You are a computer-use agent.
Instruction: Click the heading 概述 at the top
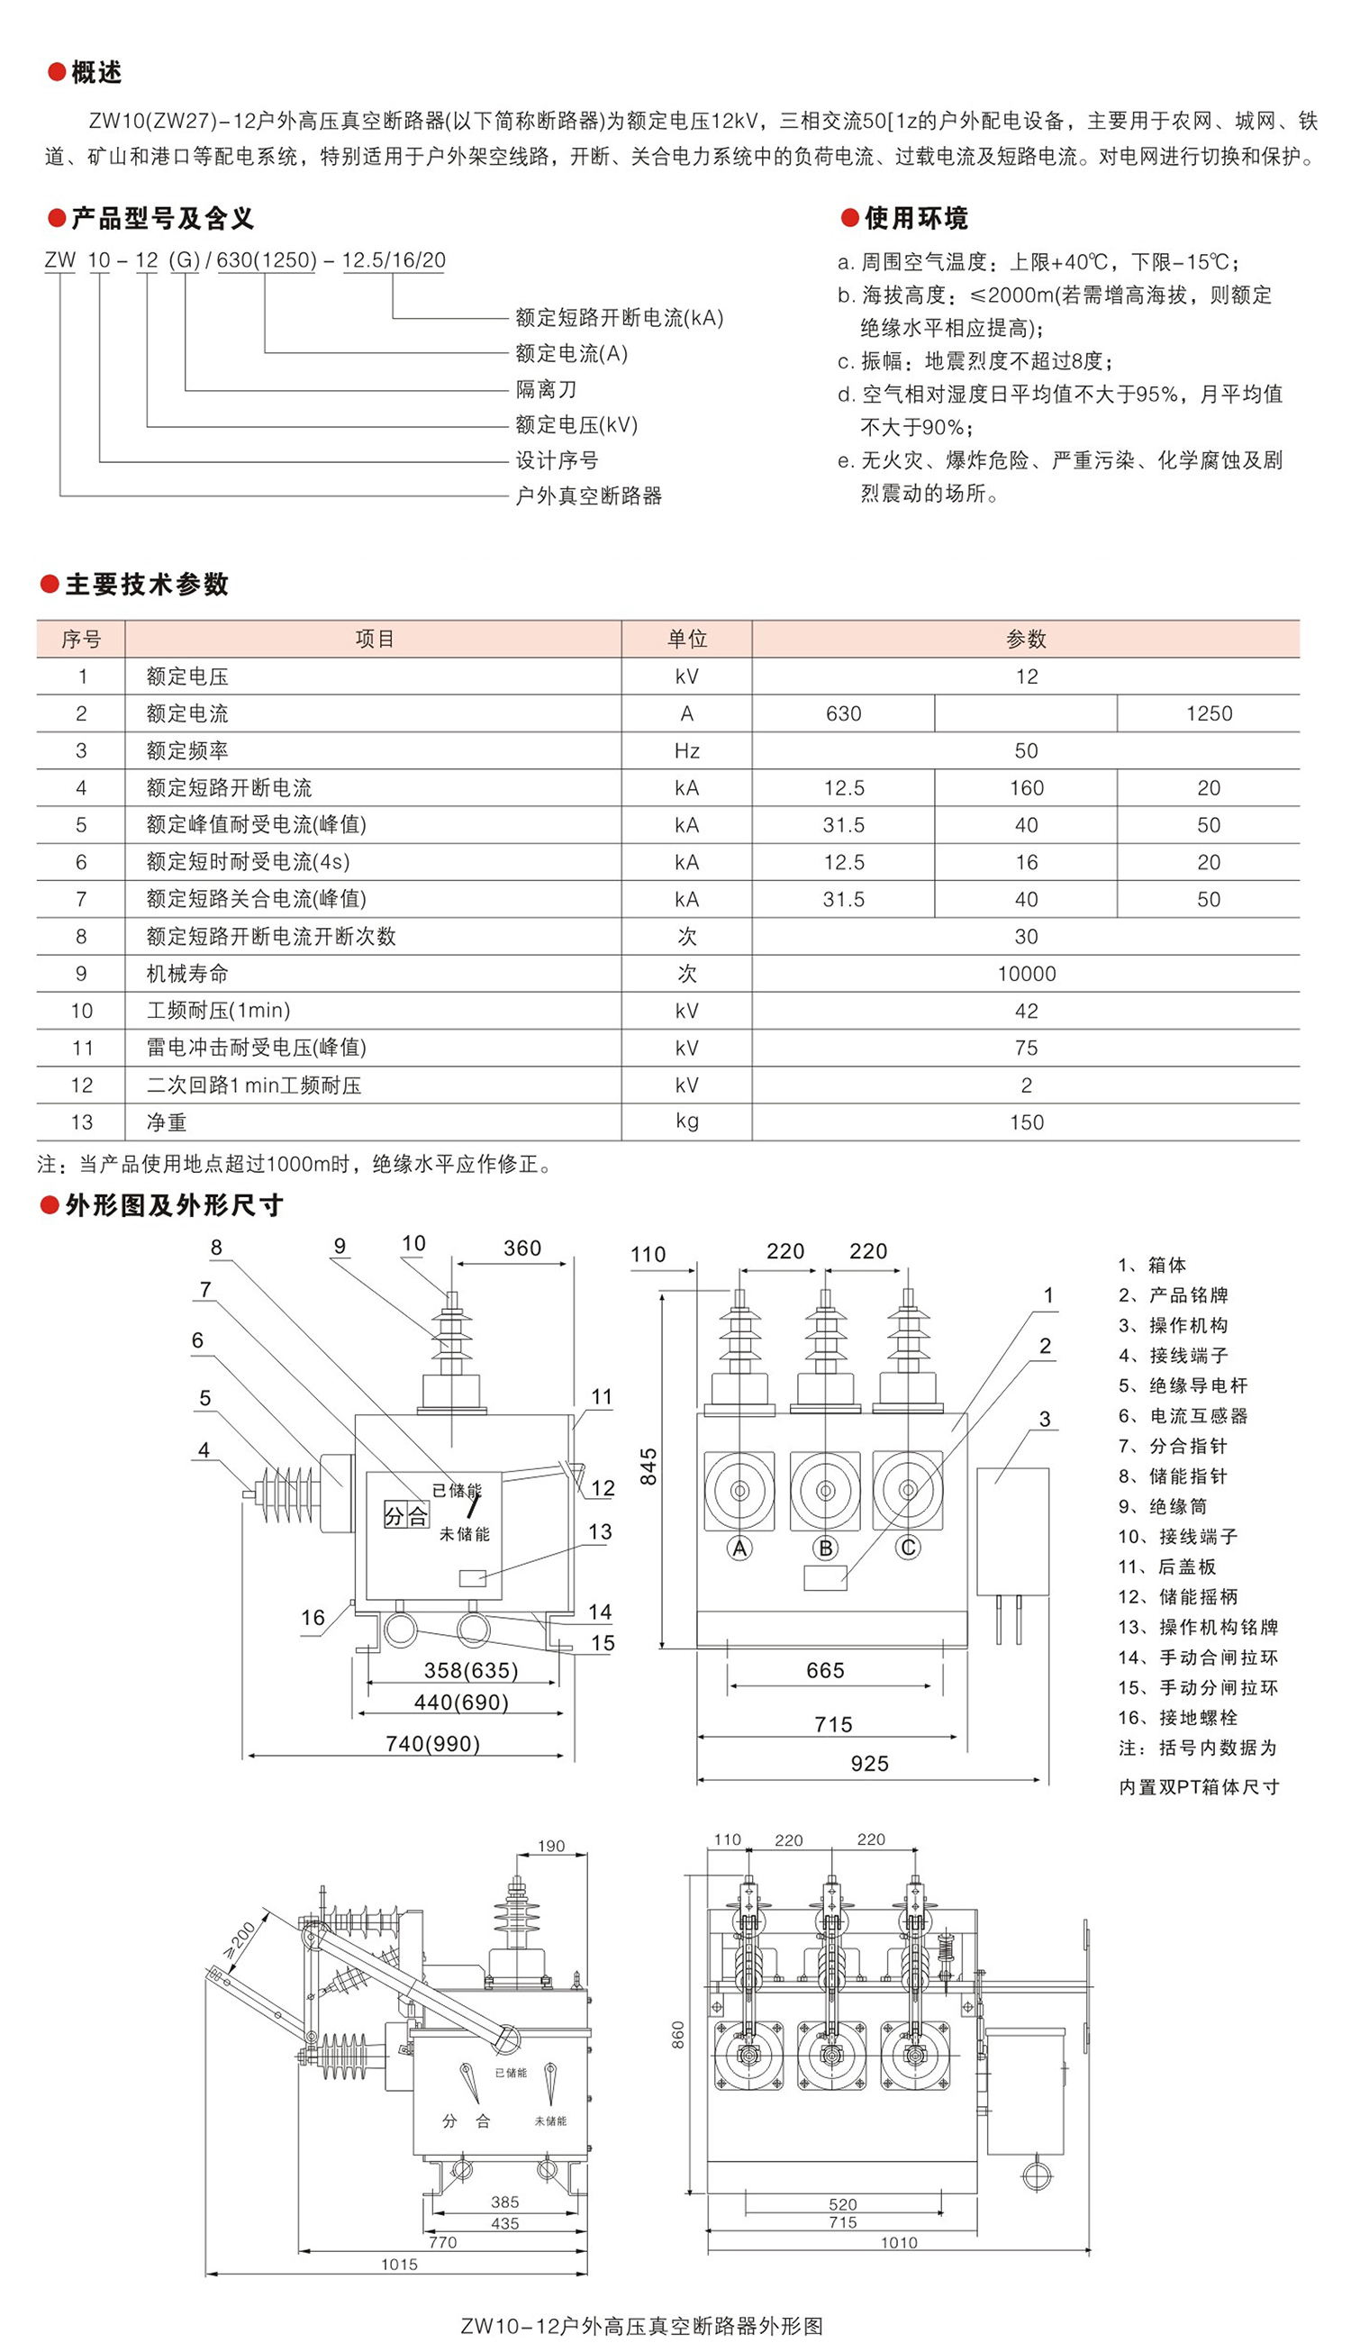point(95,72)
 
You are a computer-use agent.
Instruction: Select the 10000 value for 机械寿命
point(1026,973)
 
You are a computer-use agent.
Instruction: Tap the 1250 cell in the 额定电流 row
point(1208,713)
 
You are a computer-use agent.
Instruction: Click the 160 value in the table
point(1026,787)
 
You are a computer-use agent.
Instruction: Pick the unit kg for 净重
point(686,1121)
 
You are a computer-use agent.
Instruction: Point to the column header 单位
point(686,639)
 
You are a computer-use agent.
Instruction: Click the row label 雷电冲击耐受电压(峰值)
point(256,1048)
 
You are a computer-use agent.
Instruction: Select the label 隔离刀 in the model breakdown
point(546,390)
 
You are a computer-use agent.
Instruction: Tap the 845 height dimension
point(648,1466)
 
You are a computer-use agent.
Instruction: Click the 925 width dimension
point(869,1764)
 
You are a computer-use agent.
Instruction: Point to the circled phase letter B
point(825,1548)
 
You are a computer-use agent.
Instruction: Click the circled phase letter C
point(909,1547)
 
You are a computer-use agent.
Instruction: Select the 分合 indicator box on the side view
point(406,1516)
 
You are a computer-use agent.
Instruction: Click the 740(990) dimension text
point(432,1743)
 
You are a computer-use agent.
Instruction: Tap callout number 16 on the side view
point(313,1617)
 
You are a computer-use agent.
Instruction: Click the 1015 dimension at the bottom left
point(399,2265)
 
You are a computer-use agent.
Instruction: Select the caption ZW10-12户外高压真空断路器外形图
point(641,2326)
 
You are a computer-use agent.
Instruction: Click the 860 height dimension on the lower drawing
point(677,2035)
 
